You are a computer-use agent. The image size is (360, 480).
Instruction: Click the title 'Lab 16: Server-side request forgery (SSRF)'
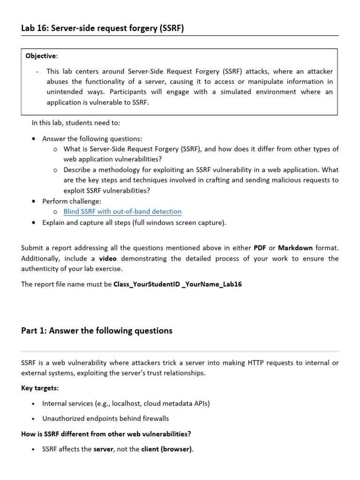coord(103,28)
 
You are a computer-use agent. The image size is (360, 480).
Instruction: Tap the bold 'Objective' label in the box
coord(41,56)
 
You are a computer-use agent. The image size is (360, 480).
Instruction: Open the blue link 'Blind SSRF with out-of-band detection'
coord(122,212)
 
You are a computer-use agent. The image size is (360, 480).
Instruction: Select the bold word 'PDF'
coord(260,247)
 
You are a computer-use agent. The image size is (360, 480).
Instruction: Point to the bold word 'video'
coord(108,258)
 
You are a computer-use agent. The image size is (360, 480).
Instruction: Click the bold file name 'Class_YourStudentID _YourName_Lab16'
coord(178,285)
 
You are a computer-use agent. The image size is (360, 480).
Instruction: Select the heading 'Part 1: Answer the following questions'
coord(97,331)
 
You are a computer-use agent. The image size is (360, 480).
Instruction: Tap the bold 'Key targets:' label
coord(40,388)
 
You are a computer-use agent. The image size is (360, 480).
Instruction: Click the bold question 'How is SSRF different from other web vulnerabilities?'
coord(106,434)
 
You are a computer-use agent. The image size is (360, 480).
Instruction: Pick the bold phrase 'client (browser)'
coord(166,449)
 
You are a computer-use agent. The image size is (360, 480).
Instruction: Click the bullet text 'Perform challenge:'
coord(72,202)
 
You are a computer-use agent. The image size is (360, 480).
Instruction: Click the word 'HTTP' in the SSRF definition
coord(247,363)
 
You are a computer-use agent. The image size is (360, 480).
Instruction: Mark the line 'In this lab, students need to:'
coord(76,123)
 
